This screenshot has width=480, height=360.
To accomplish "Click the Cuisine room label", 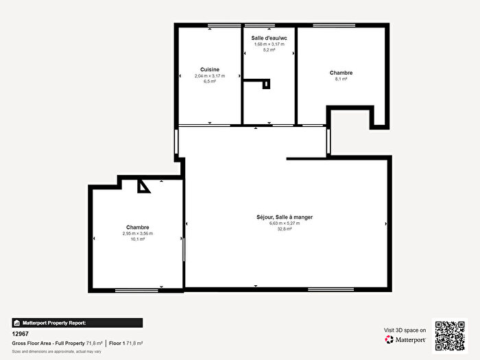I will pyautogui.click(x=209, y=69).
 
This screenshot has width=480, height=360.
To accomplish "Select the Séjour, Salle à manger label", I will pyautogui.click(x=284, y=217).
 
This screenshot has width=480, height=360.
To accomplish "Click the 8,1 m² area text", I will pyautogui.click(x=341, y=79).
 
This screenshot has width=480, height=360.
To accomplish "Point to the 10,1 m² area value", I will pyautogui.click(x=137, y=240).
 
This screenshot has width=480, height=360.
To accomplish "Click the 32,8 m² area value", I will pyautogui.click(x=284, y=229).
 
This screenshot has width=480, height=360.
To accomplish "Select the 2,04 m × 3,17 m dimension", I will pyautogui.click(x=209, y=75).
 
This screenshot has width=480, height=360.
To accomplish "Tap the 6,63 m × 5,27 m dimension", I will pyautogui.click(x=284, y=224).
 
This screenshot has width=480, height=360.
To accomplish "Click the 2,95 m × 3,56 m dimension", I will pyautogui.click(x=137, y=234).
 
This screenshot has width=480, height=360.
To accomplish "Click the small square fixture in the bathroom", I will pyautogui.click(x=267, y=84).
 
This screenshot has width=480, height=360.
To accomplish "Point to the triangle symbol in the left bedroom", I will pyautogui.click(x=143, y=186).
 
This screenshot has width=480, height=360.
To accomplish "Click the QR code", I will pyautogui.click(x=450, y=335).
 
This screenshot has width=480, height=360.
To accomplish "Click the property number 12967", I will pyautogui.click(x=21, y=334).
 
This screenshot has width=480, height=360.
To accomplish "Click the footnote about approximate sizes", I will pyautogui.click(x=56, y=351).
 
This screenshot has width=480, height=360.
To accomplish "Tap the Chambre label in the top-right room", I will pyautogui.click(x=341, y=73).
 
